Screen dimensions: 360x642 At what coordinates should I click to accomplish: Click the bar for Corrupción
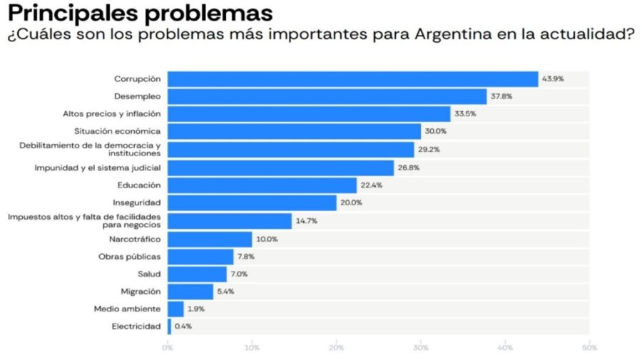(x=352, y=79)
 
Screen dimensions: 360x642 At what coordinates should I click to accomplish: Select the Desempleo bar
(x=327, y=96)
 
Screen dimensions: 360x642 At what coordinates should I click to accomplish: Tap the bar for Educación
(x=262, y=185)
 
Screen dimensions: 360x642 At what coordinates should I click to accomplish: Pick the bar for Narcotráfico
(x=210, y=239)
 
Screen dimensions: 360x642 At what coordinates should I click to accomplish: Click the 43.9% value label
(x=553, y=79)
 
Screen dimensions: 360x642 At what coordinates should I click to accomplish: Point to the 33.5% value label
(x=466, y=114)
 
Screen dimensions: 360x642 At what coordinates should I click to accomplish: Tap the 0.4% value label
(x=183, y=326)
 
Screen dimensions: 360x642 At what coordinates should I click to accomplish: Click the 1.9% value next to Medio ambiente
(x=197, y=309)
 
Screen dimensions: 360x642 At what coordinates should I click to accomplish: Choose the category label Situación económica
(x=118, y=131)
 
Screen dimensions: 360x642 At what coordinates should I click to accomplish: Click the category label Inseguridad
(x=137, y=202)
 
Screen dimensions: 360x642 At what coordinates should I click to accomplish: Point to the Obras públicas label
(x=129, y=257)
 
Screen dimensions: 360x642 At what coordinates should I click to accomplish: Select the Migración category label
(x=141, y=292)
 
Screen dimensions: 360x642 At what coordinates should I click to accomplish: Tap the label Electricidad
(x=136, y=326)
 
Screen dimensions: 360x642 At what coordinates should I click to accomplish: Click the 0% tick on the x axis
(x=168, y=347)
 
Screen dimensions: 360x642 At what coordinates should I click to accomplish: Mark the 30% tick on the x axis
(x=421, y=347)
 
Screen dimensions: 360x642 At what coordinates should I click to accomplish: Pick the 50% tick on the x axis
(x=589, y=347)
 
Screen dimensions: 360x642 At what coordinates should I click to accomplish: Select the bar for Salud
(x=197, y=274)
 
